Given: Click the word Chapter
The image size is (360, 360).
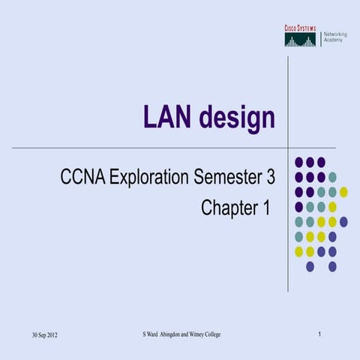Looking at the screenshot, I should tap(227, 208).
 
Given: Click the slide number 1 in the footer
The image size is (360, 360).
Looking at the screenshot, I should tap(319, 333).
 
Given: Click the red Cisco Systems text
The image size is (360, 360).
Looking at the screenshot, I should tap(299, 28).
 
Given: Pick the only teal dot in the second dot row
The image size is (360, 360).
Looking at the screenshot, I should tap(332, 177).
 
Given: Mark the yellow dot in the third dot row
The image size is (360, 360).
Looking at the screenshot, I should tap(343, 192).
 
